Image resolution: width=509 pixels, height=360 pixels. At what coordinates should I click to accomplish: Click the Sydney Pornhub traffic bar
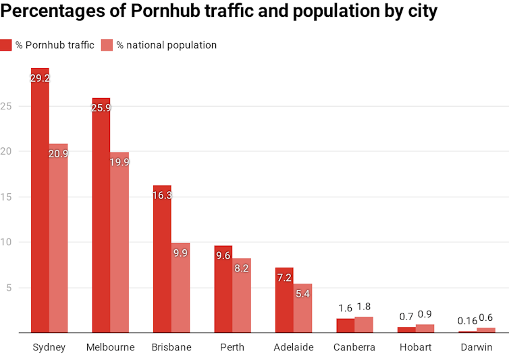40,203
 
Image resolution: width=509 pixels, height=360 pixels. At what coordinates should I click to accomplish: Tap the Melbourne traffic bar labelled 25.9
101,216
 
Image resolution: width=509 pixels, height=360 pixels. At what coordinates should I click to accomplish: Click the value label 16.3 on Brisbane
162,196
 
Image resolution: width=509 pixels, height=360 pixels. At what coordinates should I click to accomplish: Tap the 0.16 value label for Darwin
466,321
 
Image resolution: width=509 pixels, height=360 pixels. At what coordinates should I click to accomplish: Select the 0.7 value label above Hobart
406,316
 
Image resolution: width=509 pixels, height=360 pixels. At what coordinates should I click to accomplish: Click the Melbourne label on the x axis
111,348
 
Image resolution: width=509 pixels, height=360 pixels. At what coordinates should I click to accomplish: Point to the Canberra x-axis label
354,348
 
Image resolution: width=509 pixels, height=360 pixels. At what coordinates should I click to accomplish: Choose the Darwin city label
477,348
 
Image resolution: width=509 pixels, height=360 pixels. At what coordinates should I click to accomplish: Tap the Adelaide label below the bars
294,348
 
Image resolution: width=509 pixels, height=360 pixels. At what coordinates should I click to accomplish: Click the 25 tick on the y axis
5,106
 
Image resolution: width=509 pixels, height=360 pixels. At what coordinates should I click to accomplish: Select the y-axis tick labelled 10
5,242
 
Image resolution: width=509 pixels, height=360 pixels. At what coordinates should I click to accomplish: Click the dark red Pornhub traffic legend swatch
6,45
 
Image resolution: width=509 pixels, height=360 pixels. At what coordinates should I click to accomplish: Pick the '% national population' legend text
166,45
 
